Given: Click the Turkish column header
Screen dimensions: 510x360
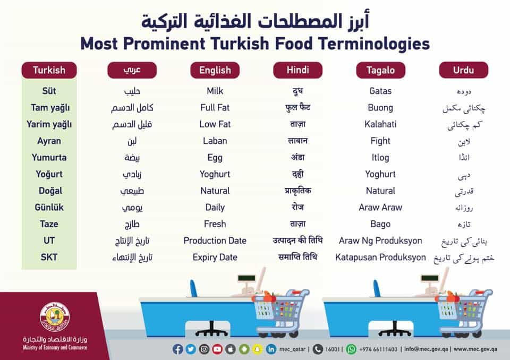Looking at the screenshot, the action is (x=49, y=70).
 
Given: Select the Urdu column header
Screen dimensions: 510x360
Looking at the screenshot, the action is (x=463, y=70).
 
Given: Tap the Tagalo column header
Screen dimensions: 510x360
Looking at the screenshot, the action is (x=380, y=70).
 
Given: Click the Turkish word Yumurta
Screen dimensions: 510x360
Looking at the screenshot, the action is (x=49, y=157).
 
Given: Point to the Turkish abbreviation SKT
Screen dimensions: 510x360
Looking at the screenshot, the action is (x=49, y=257).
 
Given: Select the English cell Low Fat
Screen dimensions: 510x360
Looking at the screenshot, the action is (x=215, y=124).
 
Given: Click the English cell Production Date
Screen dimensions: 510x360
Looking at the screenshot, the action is (x=215, y=241).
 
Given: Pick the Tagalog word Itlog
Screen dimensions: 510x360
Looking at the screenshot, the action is (x=380, y=158).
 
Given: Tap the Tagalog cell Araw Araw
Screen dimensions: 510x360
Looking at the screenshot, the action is (x=380, y=208).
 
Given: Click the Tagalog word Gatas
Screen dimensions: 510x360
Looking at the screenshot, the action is (x=380, y=91).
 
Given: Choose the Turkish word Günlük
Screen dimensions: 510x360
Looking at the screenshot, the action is (x=49, y=208).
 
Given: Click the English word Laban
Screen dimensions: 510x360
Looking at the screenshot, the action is (x=215, y=141).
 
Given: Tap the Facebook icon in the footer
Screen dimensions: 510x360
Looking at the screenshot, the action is (x=177, y=349).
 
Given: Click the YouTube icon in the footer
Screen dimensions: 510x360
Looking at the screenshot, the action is (x=217, y=349).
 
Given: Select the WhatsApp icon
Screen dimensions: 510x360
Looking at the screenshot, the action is (x=351, y=349).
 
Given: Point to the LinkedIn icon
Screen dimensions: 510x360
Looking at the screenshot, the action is (x=270, y=349).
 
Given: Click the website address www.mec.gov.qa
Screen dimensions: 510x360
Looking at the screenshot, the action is (x=475, y=349).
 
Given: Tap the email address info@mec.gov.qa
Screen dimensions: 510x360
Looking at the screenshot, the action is (x=426, y=349).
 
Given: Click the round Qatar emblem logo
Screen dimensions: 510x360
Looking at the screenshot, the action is (x=55, y=316).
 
